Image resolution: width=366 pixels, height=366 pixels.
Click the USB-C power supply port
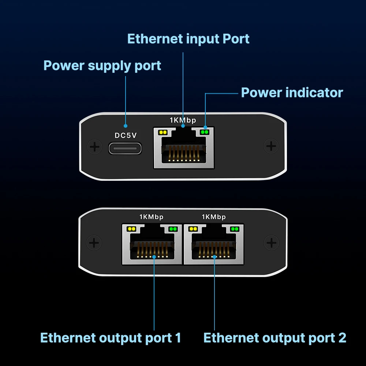pyautogui.click(x=125, y=148)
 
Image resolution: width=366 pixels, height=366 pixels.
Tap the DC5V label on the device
pyautogui.click(x=126, y=135)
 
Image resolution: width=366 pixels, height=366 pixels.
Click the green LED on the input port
pyautogui.click(x=204, y=132)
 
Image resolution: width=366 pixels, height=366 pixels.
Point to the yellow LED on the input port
pyautogui.click(x=163, y=132)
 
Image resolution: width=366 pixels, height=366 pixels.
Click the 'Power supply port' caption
pyautogui.click(x=102, y=66)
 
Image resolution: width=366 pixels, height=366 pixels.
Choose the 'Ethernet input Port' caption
pyautogui.click(x=188, y=39)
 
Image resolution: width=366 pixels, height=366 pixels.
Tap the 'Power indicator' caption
pyautogui.click(x=292, y=93)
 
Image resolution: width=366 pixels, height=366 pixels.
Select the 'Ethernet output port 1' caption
pyautogui.click(x=111, y=337)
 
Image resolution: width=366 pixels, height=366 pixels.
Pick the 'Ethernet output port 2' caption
pyautogui.click(x=274, y=337)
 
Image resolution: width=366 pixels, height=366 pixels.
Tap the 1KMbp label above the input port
pyautogui.click(x=183, y=120)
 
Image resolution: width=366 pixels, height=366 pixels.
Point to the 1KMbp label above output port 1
pyautogui.click(x=152, y=217)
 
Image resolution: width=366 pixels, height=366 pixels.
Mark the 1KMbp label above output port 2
pyautogui.click(x=214, y=217)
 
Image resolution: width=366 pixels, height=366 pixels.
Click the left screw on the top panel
pyautogui.click(x=94, y=147)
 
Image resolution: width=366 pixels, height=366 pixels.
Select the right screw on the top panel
pyautogui.click(x=271, y=146)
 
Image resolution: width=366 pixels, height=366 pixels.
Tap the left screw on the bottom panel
pyautogui.click(x=94, y=243)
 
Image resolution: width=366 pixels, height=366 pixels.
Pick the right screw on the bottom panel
pyautogui.click(x=271, y=242)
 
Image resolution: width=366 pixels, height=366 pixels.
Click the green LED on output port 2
pyautogui.click(x=235, y=229)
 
